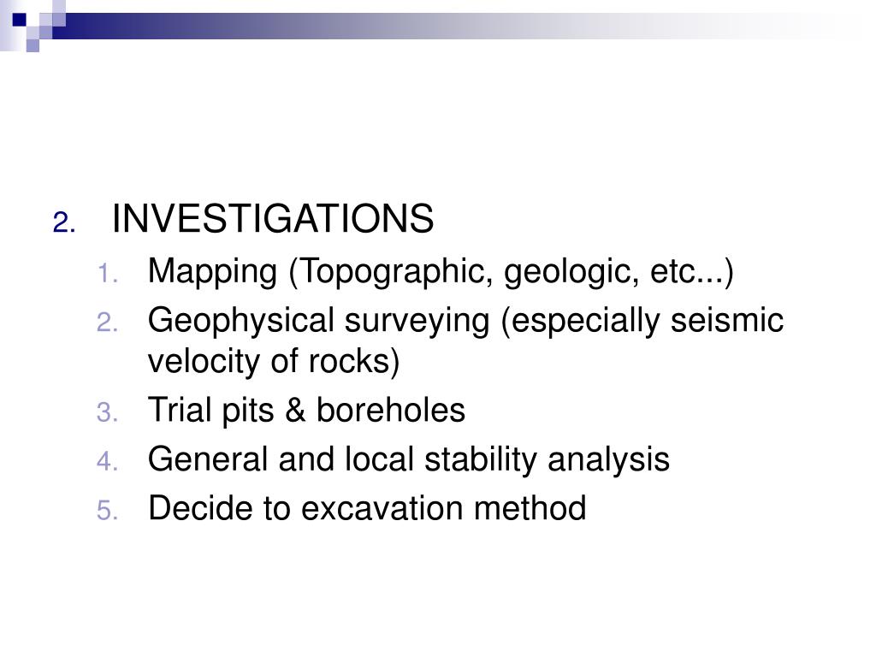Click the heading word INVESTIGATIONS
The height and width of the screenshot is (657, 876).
[x=273, y=219]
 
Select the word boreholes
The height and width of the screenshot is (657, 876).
[x=391, y=411]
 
